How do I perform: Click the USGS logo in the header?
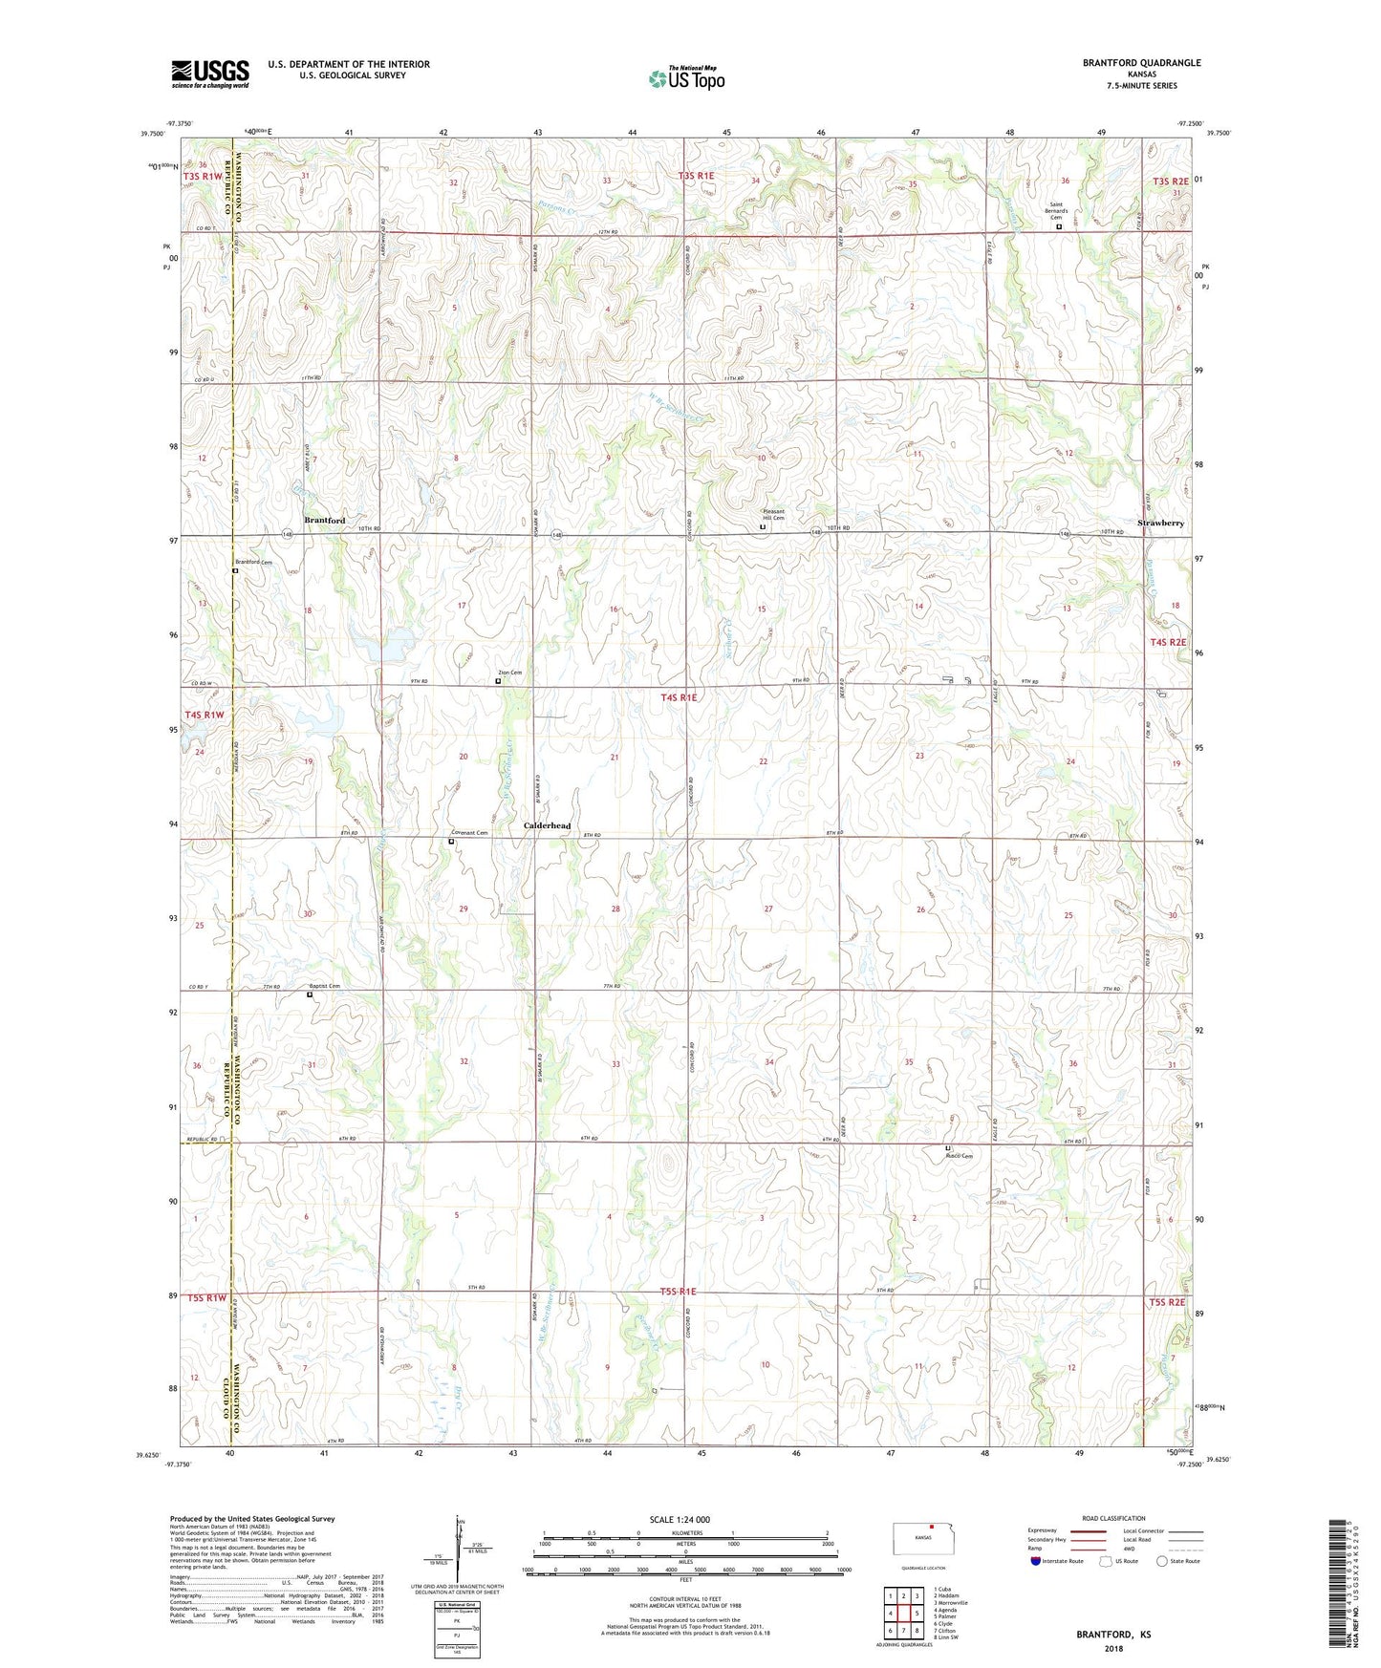pyautogui.click(x=210, y=74)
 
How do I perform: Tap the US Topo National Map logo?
pyautogui.click(x=686, y=78)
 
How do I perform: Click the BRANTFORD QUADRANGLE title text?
pyautogui.click(x=1141, y=63)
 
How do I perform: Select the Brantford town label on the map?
pyautogui.click(x=325, y=520)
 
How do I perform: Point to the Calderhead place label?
pyautogui.click(x=548, y=825)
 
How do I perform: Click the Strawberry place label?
pyautogui.click(x=1161, y=524)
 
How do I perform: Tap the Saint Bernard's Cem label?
pyautogui.click(x=1057, y=210)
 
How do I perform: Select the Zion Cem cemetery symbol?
pyautogui.click(x=498, y=681)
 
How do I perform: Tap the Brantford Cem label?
pyautogui.click(x=254, y=563)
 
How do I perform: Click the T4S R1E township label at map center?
pyautogui.click(x=679, y=698)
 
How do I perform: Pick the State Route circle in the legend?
pyautogui.click(x=1161, y=1561)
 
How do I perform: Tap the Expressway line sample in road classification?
pyautogui.click(x=1089, y=1530)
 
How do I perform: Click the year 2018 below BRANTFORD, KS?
pyautogui.click(x=1113, y=1648)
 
